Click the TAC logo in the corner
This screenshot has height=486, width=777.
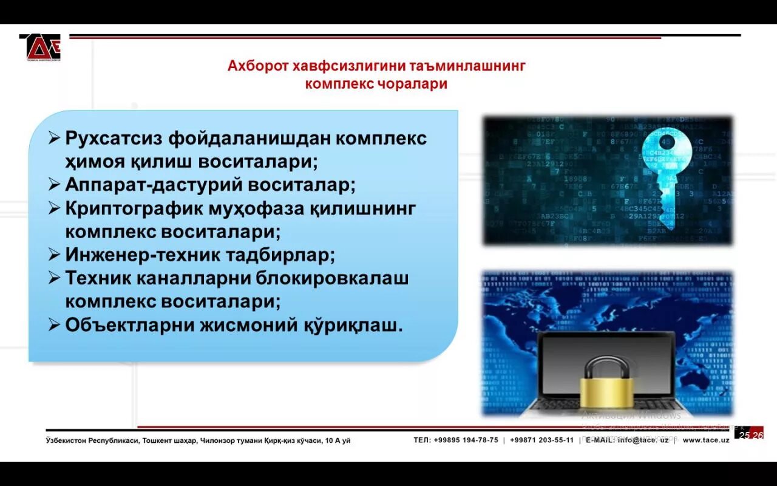(x=40, y=47)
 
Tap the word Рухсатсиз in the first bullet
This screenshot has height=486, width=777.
(x=114, y=138)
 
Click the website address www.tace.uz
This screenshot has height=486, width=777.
(x=705, y=440)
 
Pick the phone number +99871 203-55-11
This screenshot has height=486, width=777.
(x=541, y=440)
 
